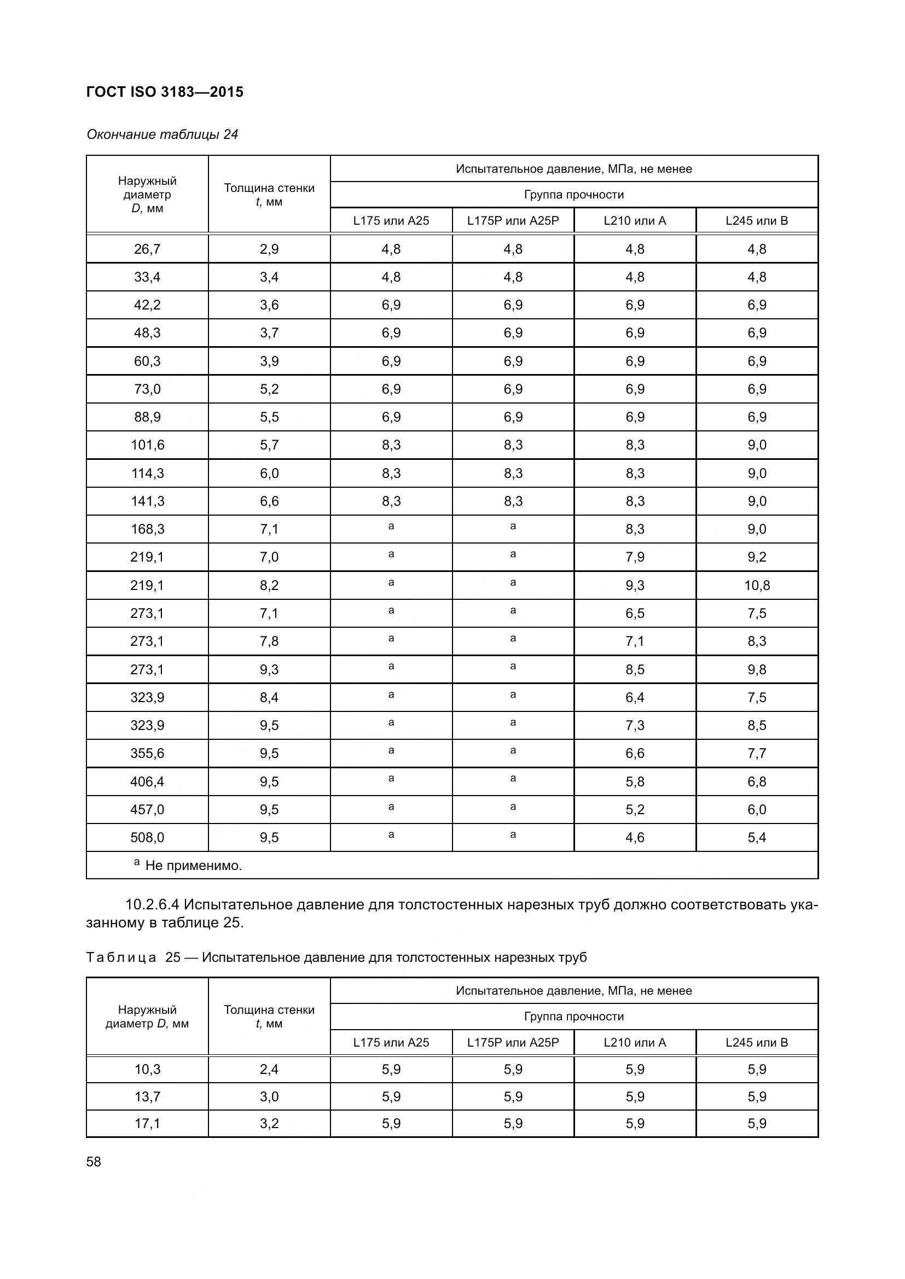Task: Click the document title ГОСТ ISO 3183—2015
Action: (165, 92)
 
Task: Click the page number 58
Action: (94, 1161)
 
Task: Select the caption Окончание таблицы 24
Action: (162, 135)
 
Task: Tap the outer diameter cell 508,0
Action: (147, 837)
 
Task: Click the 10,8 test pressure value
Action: (757, 585)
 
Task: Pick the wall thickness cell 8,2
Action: (269, 585)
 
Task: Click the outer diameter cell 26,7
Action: (147, 249)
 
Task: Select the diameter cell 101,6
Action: (147, 445)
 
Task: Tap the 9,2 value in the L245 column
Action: (757, 557)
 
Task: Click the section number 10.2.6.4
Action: (153, 904)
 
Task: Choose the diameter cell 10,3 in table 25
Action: (147, 1069)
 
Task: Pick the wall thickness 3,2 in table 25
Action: (269, 1123)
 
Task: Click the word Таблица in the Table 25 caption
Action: (121, 957)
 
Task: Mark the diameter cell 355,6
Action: (147, 753)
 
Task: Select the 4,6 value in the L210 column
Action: (635, 837)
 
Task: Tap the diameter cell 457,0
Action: (147, 809)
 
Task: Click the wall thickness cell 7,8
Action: (269, 641)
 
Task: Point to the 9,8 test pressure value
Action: (757, 669)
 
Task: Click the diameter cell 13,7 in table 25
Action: (147, 1096)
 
